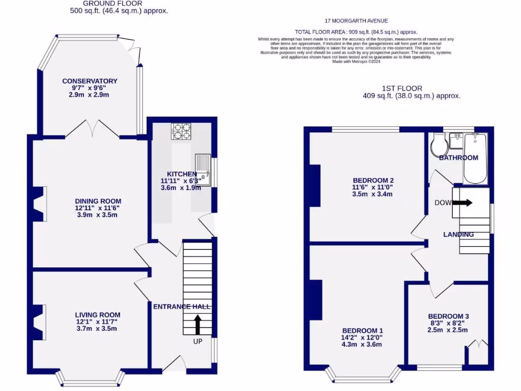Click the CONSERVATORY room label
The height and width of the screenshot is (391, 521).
click(x=90, y=81)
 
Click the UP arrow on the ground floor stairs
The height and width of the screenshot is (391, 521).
click(x=197, y=324)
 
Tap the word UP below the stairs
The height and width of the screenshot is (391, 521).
click(x=197, y=341)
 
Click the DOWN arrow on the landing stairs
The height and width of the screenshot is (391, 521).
click(x=462, y=203)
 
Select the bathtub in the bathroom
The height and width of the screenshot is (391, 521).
click(x=476, y=158)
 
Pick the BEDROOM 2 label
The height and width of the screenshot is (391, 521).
click(x=373, y=180)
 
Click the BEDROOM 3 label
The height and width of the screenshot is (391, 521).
click(x=448, y=316)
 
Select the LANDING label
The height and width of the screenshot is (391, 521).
click(x=458, y=235)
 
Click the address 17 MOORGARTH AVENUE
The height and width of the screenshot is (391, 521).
click(x=356, y=21)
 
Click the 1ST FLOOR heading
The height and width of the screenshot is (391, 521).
click(x=402, y=88)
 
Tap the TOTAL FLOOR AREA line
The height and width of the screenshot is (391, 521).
click(x=356, y=32)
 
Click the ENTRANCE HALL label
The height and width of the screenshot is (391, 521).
click(x=182, y=306)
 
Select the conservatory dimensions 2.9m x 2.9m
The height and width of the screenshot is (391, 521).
click(x=90, y=95)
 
